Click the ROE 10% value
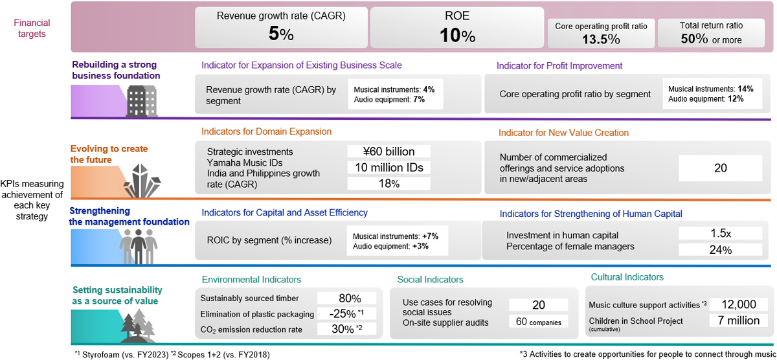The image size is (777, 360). tap(458, 36)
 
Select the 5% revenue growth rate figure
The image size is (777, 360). tap(281, 36)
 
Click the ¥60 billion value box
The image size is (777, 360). tap(388, 152)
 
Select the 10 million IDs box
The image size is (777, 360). tap(388, 168)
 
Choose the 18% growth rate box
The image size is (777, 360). tap(388, 184)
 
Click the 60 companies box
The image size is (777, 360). tap(538, 321)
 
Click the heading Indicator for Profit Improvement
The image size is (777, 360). tap(559, 65)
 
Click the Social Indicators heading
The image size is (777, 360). tap(430, 280)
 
